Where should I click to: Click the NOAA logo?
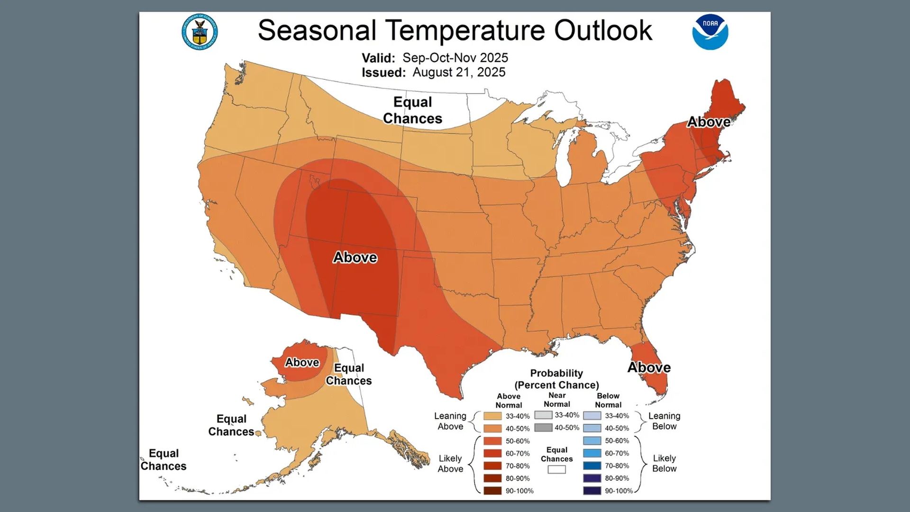click(710, 32)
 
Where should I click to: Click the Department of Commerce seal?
click(200, 32)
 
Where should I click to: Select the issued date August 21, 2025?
click(458, 72)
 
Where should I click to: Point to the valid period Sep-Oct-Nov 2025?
click(455, 58)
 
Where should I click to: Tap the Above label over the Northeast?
click(709, 122)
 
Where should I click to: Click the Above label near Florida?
click(649, 367)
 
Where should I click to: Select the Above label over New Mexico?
click(355, 257)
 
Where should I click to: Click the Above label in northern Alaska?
click(302, 362)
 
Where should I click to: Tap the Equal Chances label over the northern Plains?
click(412, 110)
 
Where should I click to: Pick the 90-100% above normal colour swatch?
click(492, 491)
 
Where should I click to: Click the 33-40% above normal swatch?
click(492, 416)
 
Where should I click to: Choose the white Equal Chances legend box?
click(556, 469)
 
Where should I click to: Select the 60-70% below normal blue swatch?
click(592, 453)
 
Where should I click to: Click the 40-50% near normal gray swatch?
click(543, 428)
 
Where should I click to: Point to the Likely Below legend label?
click(664, 463)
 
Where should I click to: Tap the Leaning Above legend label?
click(450, 421)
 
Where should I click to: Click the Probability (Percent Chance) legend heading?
click(556, 379)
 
